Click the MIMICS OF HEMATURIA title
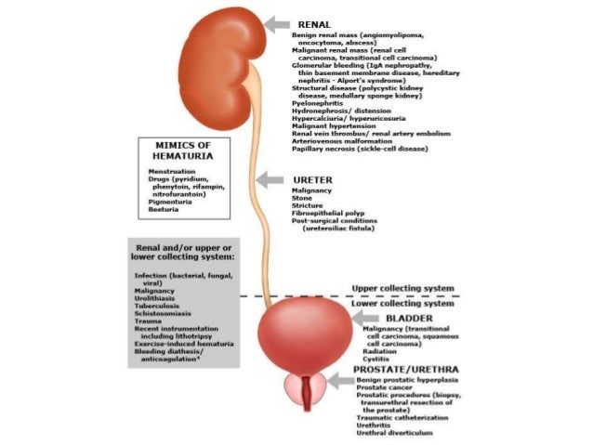(182, 151)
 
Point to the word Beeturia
(164, 210)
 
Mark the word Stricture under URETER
(309, 204)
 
